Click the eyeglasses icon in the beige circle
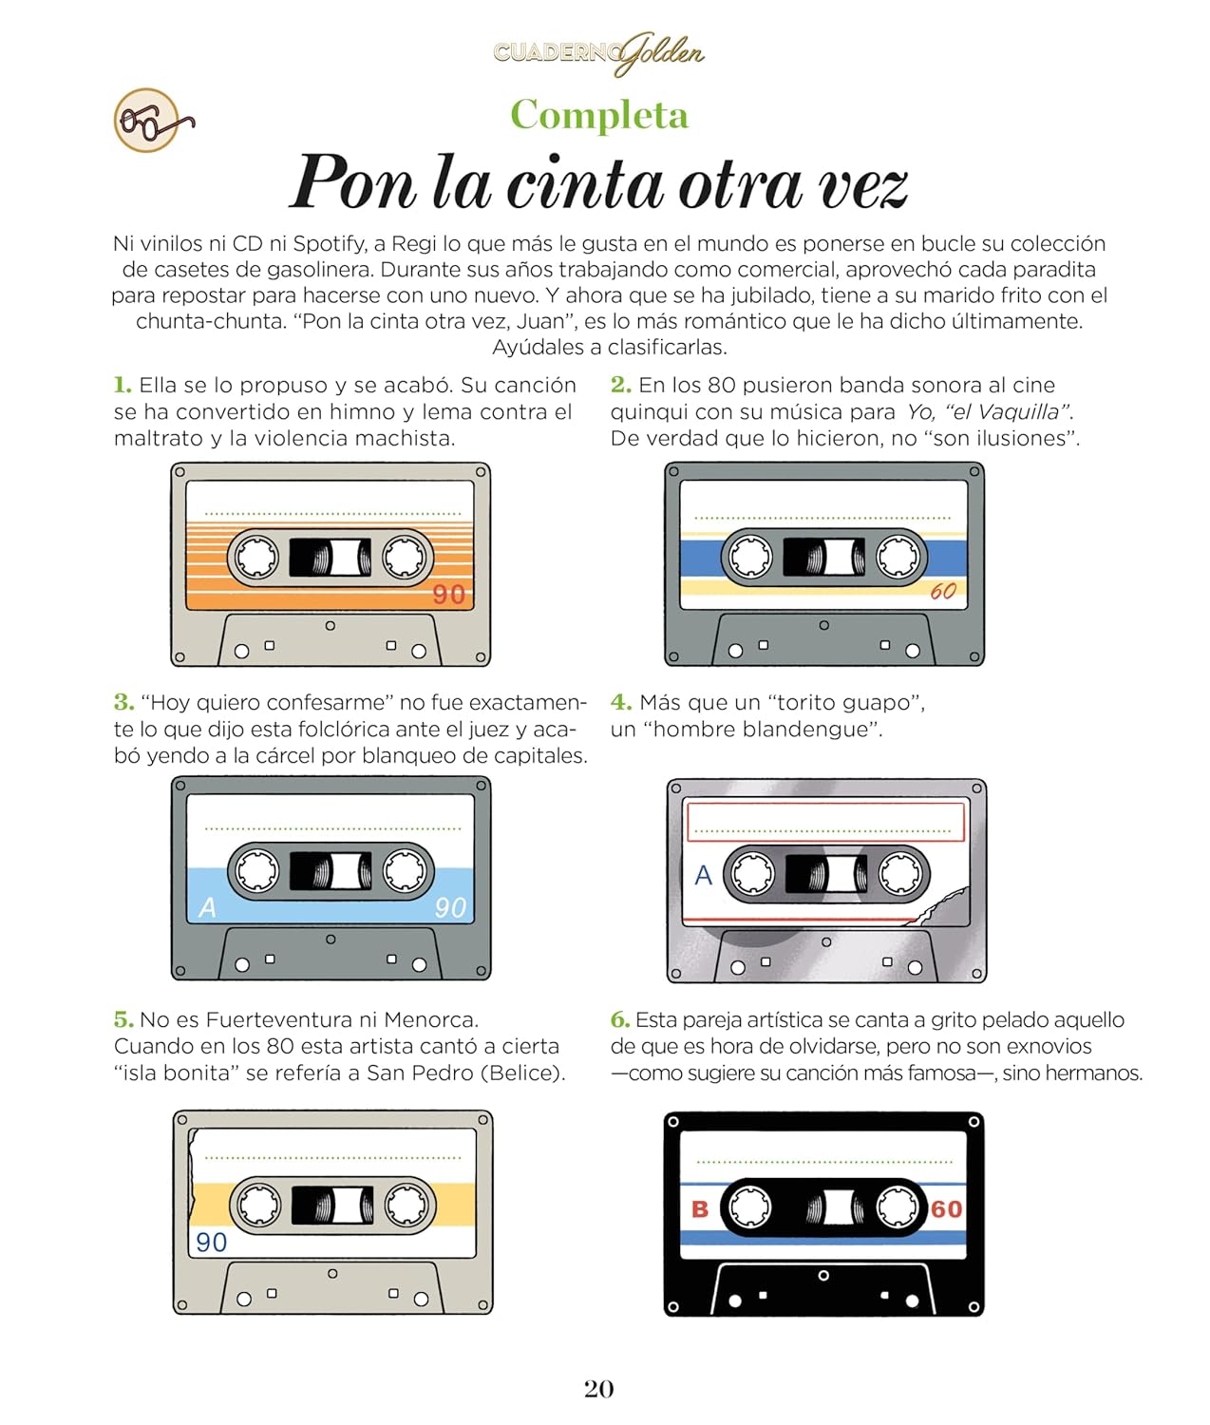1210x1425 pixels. point(153,122)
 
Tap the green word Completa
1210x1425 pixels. point(598,115)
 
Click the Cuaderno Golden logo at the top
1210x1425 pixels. point(598,53)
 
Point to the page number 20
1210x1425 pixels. point(598,1389)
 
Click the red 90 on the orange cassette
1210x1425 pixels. point(448,595)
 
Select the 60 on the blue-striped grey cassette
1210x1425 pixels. point(943,591)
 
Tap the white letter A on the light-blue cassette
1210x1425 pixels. point(207,908)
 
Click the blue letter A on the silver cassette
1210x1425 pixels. point(703,875)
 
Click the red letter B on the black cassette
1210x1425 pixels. point(699,1209)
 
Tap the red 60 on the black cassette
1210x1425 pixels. point(946,1208)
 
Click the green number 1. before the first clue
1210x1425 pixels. point(122,385)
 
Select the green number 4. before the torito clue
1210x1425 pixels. point(620,702)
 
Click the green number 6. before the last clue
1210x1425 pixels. point(619,1019)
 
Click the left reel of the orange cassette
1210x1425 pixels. point(256,557)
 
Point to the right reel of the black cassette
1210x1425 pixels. point(898,1206)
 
